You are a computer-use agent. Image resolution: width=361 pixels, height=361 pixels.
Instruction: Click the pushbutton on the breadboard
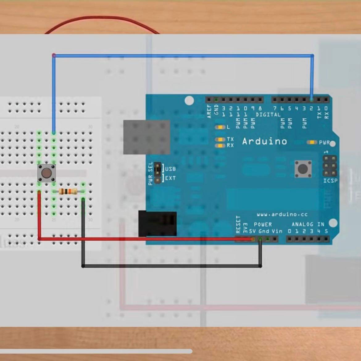(x=46, y=173)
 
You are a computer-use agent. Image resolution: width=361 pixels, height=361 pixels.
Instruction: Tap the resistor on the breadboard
(x=68, y=192)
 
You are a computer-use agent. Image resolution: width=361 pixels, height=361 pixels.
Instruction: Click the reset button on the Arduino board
(x=303, y=169)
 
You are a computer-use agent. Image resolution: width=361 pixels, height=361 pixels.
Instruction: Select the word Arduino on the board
(x=264, y=142)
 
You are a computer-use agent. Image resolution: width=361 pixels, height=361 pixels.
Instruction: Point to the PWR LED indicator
(x=312, y=142)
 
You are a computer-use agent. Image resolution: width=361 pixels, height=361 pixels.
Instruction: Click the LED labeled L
(x=220, y=127)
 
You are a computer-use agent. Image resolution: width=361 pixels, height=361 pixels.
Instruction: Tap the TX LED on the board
(x=220, y=139)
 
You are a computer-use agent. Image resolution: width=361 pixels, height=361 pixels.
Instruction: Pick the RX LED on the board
(x=220, y=145)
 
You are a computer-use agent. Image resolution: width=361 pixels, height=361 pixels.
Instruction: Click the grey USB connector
(x=147, y=137)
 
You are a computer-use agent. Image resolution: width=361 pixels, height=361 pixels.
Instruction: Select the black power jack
(x=157, y=224)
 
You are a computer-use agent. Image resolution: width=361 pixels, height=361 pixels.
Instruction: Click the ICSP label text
(x=330, y=180)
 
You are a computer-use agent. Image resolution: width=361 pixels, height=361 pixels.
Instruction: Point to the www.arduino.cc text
(x=282, y=214)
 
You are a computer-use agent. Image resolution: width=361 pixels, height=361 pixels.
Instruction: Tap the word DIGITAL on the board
(x=268, y=115)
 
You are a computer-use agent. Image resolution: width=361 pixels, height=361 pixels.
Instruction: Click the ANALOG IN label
(x=308, y=224)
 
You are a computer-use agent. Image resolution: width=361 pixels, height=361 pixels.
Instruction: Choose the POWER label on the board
(x=263, y=224)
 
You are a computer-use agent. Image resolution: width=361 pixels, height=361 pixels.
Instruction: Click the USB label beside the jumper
(x=170, y=169)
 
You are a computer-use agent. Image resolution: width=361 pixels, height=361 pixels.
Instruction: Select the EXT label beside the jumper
(x=170, y=178)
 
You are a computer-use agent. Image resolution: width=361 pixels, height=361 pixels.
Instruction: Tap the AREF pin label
(x=210, y=111)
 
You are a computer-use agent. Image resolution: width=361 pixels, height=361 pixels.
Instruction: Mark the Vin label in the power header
(x=277, y=231)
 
